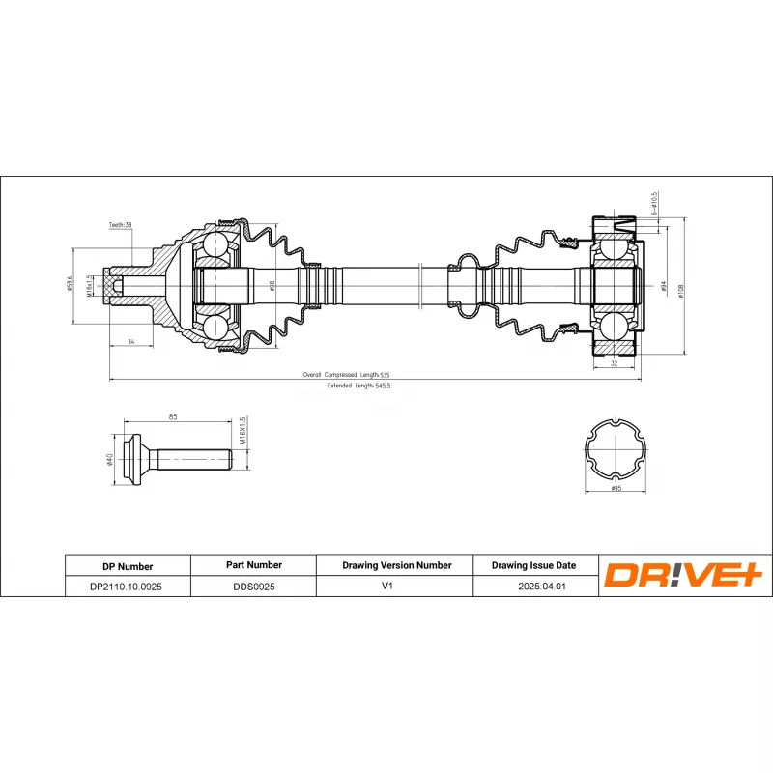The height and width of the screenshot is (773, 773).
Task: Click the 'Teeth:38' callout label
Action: (x=121, y=225)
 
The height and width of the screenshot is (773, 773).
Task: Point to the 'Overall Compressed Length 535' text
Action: (x=346, y=374)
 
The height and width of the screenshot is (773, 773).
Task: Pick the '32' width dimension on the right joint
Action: (x=615, y=363)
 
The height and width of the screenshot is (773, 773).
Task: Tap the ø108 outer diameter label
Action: (x=681, y=289)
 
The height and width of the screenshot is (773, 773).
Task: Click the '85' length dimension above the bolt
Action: (x=173, y=417)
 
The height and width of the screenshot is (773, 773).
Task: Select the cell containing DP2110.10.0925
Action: (x=127, y=586)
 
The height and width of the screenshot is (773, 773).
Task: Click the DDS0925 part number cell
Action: (x=252, y=586)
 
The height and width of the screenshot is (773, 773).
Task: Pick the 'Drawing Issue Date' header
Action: (x=533, y=565)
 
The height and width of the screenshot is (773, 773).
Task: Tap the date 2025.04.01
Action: (x=533, y=586)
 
